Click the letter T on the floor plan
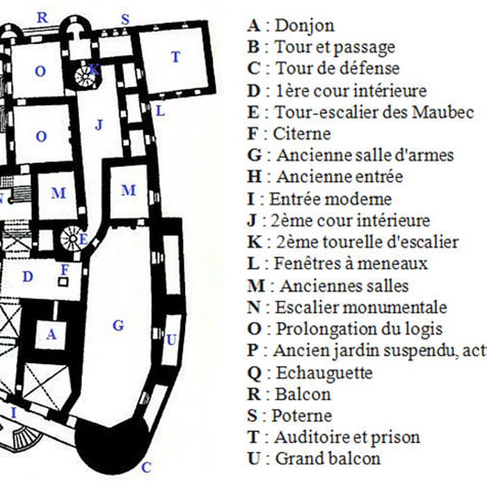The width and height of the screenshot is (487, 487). coord(175,57)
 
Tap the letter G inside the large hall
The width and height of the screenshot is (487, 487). coord(118,325)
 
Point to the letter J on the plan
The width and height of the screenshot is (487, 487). coord(99,125)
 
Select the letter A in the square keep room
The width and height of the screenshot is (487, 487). coord(51,335)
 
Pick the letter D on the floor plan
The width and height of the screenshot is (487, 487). coord(28,277)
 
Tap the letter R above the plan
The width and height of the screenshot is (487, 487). coord(42,17)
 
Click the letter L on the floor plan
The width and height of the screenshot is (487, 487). coord(160,110)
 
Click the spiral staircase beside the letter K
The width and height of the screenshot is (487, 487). coord(86,74)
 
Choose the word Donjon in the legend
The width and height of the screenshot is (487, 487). coord(305,26)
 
